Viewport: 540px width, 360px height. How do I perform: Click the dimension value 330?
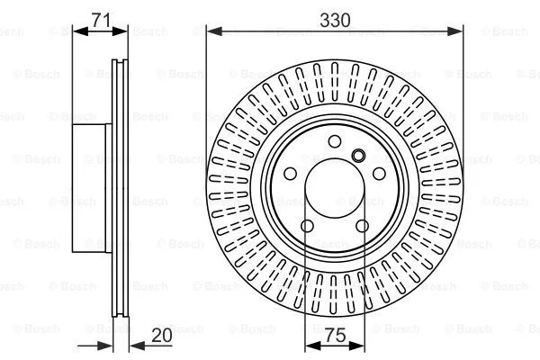335,16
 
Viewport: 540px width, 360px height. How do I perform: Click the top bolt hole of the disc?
335,140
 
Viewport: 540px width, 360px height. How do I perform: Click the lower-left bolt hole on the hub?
306,227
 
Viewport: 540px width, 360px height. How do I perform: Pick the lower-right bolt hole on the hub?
364,227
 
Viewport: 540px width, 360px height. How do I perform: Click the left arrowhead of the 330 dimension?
212,31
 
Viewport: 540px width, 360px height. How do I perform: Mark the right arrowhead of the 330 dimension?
458,31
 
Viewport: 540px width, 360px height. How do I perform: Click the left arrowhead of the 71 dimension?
77,31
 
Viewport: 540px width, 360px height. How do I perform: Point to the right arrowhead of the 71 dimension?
123,31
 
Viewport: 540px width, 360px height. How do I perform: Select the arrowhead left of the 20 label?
133,346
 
